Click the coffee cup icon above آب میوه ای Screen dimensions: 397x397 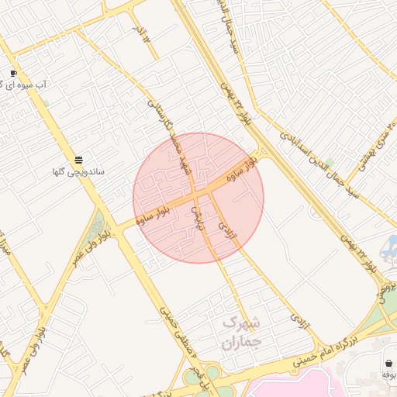(13, 73)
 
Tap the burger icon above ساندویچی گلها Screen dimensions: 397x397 (78, 160)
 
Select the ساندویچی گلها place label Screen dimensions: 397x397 (78, 171)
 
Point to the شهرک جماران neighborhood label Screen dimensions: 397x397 (242, 331)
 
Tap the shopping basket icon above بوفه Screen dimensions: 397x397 (388, 363)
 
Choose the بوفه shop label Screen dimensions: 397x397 (388, 375)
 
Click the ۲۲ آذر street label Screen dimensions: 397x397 (140, 34)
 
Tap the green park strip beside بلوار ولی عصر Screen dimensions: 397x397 (97, 226)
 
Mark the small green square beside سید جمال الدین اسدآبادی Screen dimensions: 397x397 (331, 163)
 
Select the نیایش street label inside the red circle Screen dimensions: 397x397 (198, 219)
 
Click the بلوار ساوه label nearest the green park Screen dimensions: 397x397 (154, 214)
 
